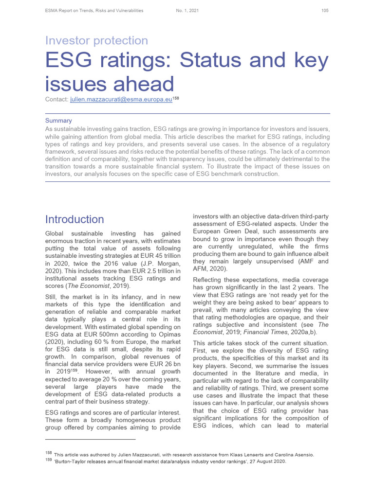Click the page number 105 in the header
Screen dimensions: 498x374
pyautogui.click(x=325, y=11)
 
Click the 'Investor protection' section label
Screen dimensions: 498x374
pyautogui.click(x=96, y=40)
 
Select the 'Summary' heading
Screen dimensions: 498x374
pyautogui.click(x=58, y=120)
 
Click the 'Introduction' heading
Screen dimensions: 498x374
pyautogui.click(x=75, y=219)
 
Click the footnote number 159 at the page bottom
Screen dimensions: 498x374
pyautogui.click(x=48, y=462)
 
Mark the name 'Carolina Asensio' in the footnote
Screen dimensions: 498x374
pyautogui.click(x=294, y=455)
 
